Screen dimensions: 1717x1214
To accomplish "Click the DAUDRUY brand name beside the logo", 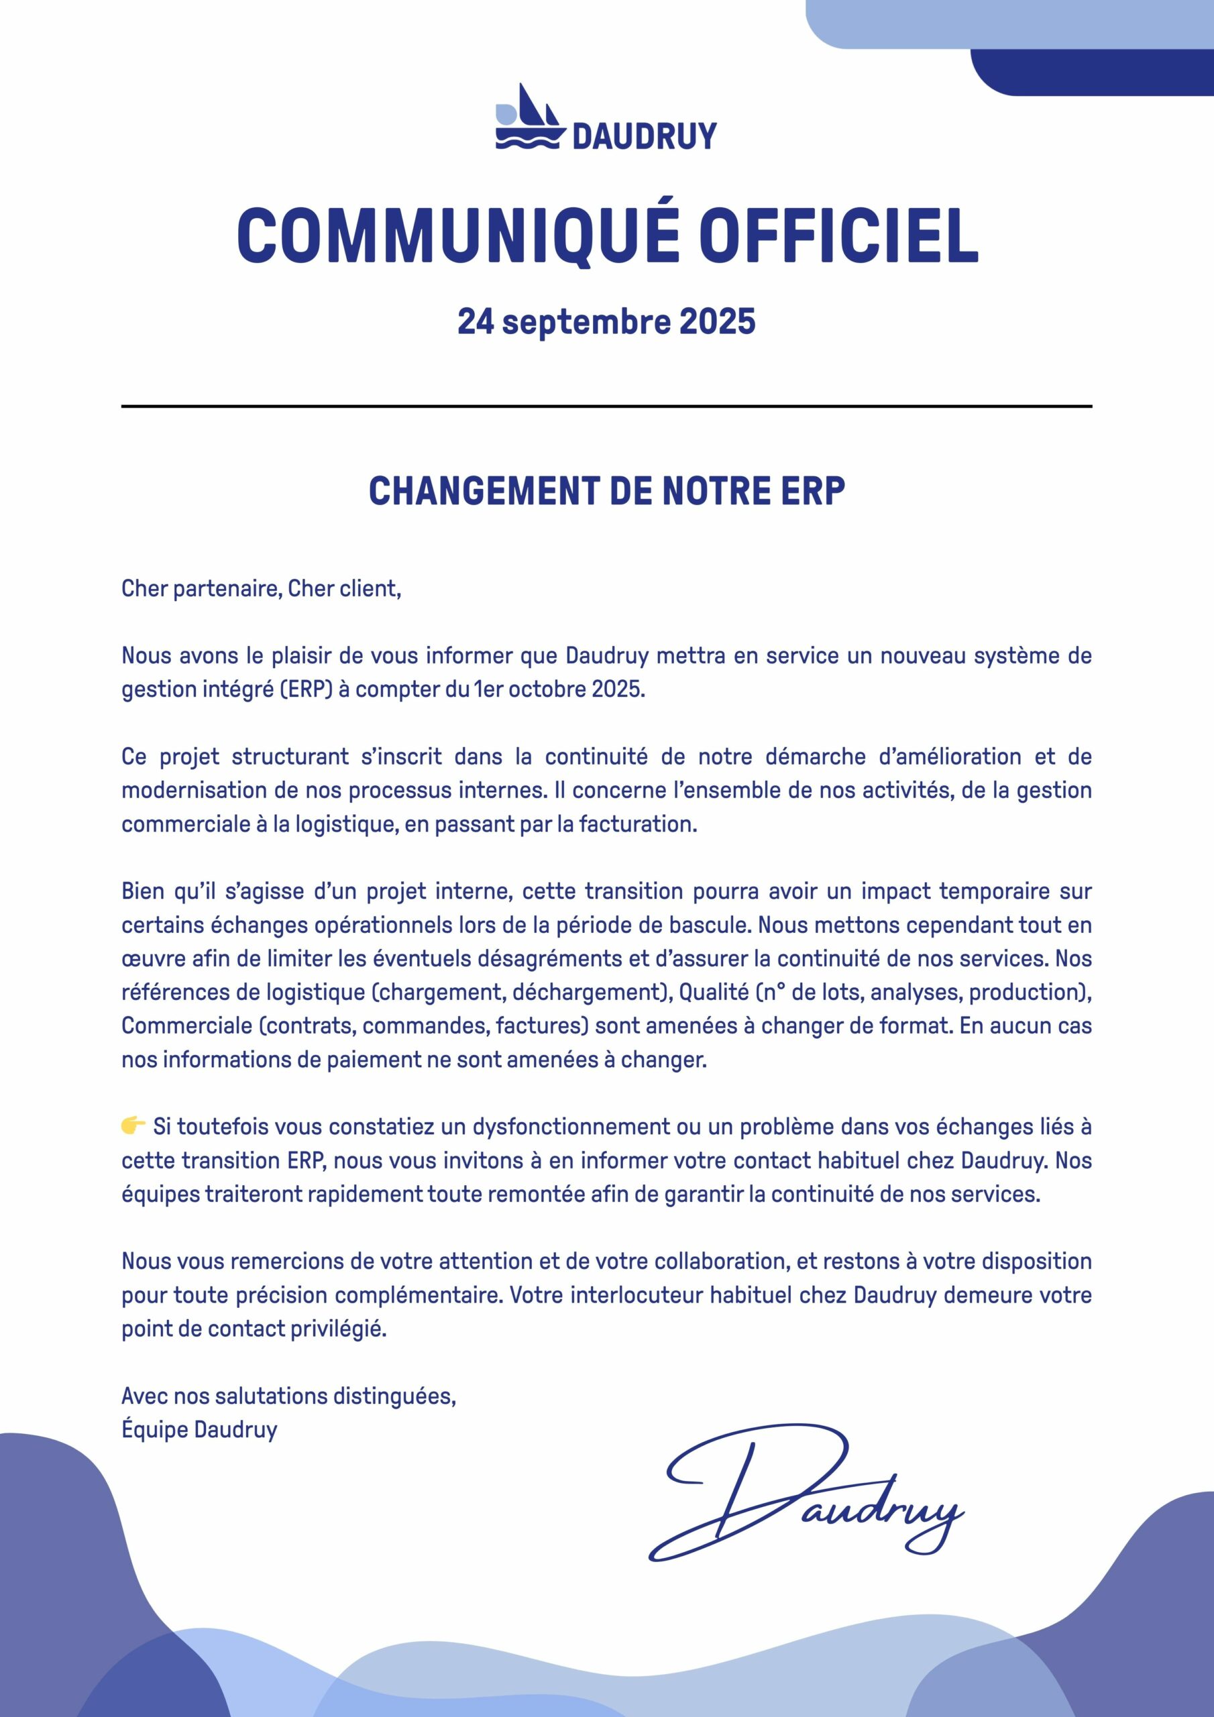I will pos(644,137).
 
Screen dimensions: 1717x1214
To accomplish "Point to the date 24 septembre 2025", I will pos(606,321).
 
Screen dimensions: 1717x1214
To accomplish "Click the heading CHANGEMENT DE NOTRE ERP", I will pos(606,492).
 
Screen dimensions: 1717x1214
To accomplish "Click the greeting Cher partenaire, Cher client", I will pos(261,590).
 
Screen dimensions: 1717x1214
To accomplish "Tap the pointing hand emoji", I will pos(133,1126).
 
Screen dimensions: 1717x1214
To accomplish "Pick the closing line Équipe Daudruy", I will pos(199,1430).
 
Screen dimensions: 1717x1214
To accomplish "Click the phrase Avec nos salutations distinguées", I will pos(288,1396).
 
